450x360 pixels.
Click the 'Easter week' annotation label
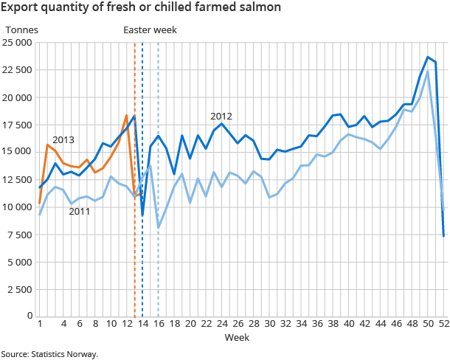[x=150, y=30]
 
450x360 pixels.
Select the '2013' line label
[x=63, y=139]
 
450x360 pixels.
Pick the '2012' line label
[x=221, y=117]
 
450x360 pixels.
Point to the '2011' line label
[x=80, y=212]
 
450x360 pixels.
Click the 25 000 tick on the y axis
[x=18, y=43]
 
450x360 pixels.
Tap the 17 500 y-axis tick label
[x=18, y=125]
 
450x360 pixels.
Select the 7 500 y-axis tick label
[x=19, y=235]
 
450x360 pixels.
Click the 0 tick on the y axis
[x=28, y=316]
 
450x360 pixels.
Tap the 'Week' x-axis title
[x=237, y=337]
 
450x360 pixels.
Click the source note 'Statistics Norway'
[x=49, y=354]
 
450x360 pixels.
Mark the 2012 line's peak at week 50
[x=428, y=57]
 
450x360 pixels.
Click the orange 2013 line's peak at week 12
[x=127, y=115]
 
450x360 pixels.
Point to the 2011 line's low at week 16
[x=159, y=227]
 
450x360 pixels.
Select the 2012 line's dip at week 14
[x=142, y=215]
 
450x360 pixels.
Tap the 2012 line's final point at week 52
[x=444, y=235]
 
